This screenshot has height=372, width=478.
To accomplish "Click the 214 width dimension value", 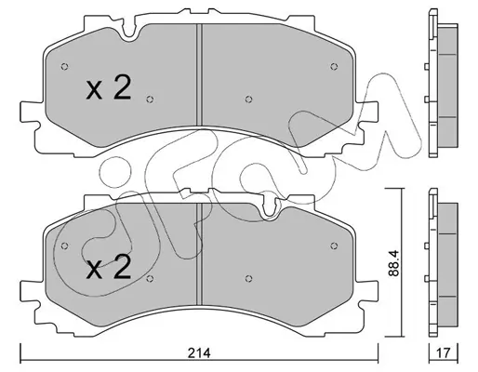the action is click(x=200, y=353).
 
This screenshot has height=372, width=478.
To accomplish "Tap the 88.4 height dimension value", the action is click(x=393, y=263).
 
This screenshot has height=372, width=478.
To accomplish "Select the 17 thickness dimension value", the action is click(x=444, y=352).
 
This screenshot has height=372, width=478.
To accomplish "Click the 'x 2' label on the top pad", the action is click(x=109, y=87).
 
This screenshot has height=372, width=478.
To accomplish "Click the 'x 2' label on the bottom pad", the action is click(x=109, y=267).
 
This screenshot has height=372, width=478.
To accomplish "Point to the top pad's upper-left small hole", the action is click(x=64, y=66).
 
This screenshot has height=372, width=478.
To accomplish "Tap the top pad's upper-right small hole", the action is click(x=334, y=66).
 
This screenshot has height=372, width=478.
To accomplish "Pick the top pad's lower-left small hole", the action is click(x=150, y=100).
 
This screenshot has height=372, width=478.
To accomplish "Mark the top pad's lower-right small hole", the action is click(x=248, y=100).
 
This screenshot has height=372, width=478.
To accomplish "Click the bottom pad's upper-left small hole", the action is click(x=64, y=246).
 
